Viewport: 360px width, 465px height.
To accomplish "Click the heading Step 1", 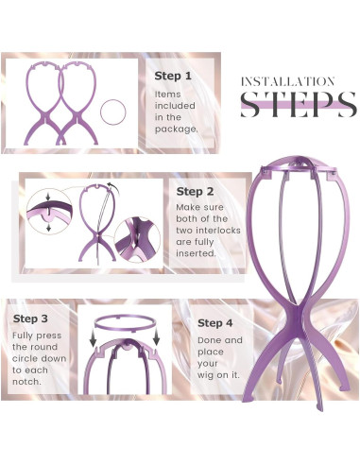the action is click(173, 76).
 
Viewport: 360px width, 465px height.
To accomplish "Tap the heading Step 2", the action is click(195, 192).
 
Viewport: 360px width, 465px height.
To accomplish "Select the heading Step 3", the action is click(30, 319).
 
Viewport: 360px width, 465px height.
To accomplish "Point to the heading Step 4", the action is click(215, 323).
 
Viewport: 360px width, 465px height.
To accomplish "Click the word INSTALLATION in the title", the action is click(287, 82).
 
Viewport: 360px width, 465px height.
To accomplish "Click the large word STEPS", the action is click(299, 105).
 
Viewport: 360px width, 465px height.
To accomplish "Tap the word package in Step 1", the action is click(176, 129).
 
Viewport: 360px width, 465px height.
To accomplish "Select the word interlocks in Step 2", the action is click(218, 231).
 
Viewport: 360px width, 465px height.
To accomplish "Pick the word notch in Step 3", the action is click(27, 382).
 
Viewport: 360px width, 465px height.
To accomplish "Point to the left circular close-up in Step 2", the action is click(49, 212).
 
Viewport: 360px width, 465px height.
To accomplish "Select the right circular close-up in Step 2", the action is click(137, 239).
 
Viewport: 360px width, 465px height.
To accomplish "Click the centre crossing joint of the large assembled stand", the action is click(297, 315).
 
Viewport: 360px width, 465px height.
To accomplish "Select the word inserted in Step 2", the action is click(196, 253).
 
